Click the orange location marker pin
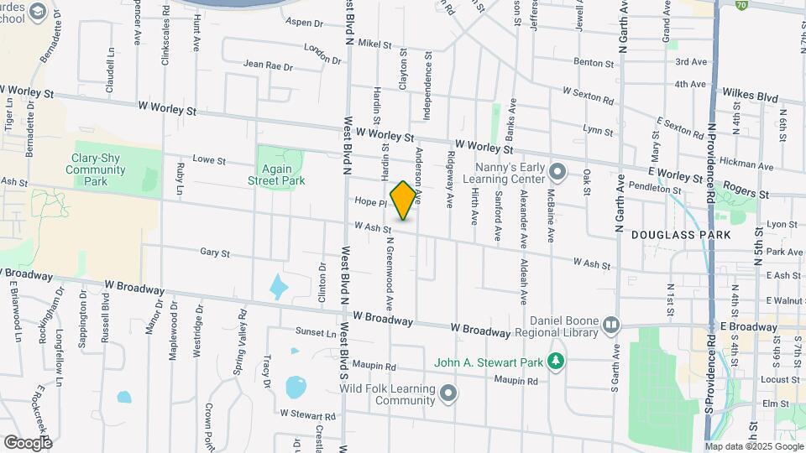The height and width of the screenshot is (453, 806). [x=404, y=200]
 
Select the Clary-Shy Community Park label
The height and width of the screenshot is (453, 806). [x=99, y=169]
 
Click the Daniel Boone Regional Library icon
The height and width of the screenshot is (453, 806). [x=610, y=325]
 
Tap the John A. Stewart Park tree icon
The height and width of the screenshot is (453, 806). [x=554, y=362]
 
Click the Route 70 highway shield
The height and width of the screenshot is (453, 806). [x=741, y=4]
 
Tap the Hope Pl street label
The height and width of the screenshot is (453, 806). [x=369, y=201]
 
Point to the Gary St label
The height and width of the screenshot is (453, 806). [x=215, y=253]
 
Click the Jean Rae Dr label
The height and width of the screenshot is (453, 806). [x=268, y=65]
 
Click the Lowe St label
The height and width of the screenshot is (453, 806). [x=210, y=159]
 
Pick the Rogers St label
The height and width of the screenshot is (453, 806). [x=746, y=192]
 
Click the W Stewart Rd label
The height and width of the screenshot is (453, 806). [x=308, y=414]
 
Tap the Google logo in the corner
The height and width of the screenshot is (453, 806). [x=28, y=442]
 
